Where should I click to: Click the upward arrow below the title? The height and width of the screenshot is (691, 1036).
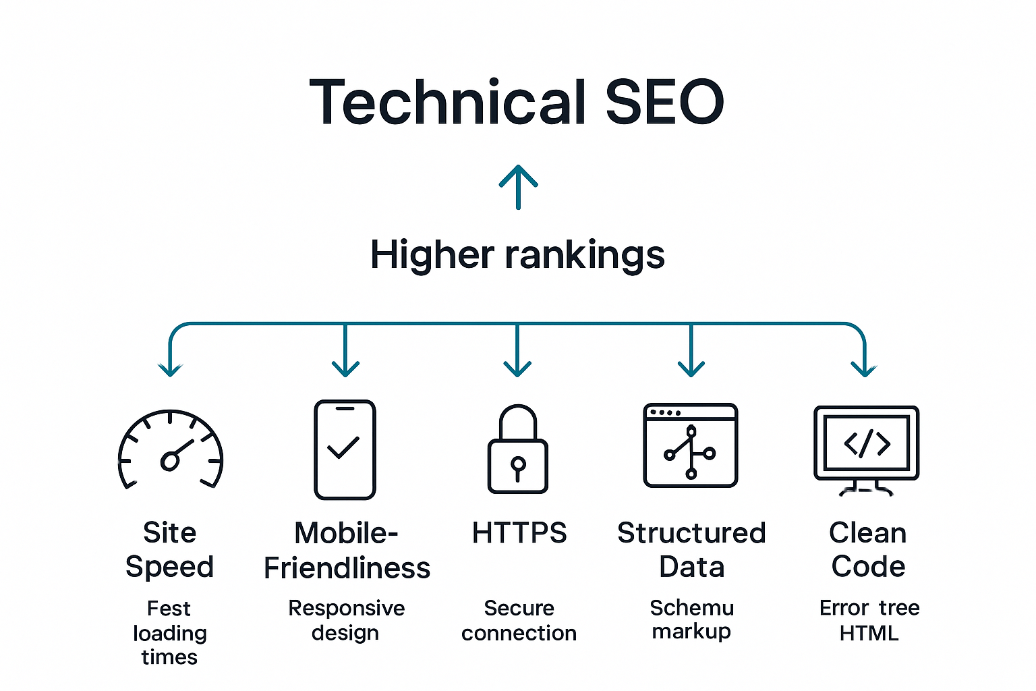coord(518,186)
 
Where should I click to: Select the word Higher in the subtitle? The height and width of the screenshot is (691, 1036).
coord(432,255)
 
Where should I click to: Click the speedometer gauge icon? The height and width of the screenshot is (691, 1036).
coord(171,449)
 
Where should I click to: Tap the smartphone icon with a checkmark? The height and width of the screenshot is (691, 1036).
coord(345,449)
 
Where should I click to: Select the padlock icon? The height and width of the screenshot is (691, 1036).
coord(518,449)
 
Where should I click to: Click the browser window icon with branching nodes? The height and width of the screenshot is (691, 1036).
coord(691,445)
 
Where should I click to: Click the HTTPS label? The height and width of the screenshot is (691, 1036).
coord(519,533)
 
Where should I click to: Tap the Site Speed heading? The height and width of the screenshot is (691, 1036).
coord(169,549)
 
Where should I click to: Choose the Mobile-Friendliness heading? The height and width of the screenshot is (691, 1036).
coord(347,550)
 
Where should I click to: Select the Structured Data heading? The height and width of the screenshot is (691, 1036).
coord(691,549)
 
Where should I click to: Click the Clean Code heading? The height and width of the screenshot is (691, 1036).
coord(868,549)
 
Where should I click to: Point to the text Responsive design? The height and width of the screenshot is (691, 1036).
coord(346,620)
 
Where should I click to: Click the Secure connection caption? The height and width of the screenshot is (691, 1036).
coord(519,620)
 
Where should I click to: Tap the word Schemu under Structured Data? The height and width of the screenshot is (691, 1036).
coord(691,608)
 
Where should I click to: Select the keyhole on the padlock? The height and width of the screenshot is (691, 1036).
coord(518,466)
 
